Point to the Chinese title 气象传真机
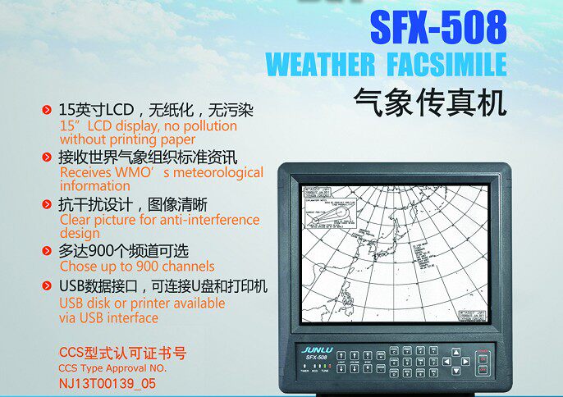(429, 103)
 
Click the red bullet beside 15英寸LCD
(48, 109)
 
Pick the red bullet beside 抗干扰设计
(48, 204)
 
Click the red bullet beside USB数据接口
(48, 287)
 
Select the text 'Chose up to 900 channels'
(137, 266)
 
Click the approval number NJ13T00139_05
(107, 382)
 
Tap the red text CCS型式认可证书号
(122, 354)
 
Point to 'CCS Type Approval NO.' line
(112, 368)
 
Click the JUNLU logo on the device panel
(317, 348)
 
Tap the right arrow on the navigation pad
(468, 361)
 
